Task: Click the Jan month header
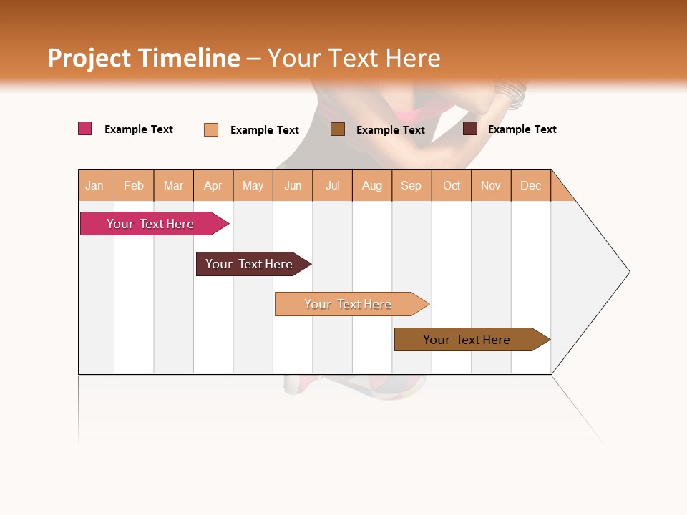click(95, 185)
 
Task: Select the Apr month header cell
click(213, 185)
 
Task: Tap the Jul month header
click(332, 185)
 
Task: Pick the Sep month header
click(411, 185)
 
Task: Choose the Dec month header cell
click(530, 185)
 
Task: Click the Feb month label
click(134, 185)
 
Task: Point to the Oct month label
click(452, 185)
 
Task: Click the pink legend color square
click(85, 129)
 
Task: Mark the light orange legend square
click(211, 129)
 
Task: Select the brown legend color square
click(338, 129)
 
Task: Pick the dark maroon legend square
click(470, 129)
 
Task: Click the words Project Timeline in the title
click(144, 58)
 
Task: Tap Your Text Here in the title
click(354, 58)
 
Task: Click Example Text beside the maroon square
click(522, 129)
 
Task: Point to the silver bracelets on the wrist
click(511, 94)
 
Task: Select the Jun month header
click(293, 185)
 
